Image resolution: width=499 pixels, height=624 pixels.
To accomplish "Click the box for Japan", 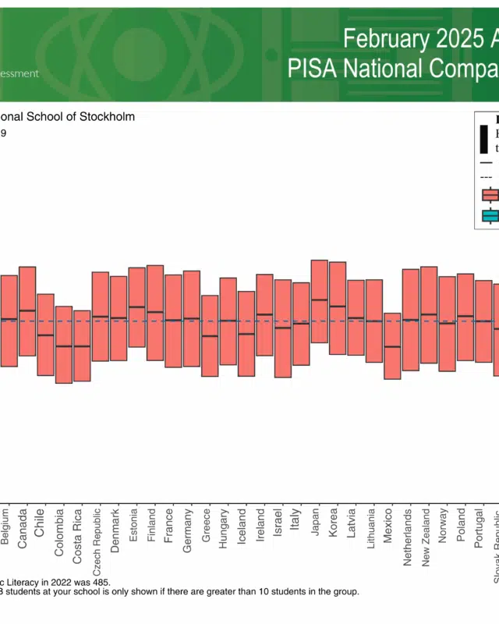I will (x=319, y=301).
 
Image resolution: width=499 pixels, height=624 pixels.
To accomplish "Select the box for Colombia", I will (x=63, y=344).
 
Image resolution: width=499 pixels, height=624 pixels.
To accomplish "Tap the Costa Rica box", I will (x=82, y=346).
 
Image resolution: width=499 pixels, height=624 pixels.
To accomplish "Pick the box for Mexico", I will (x=392, y=346).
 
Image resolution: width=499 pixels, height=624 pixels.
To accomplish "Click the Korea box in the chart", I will (x=338, y=308).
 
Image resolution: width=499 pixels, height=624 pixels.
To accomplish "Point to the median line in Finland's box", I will (x=155, y=312).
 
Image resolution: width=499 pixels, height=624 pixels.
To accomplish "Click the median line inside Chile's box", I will (x=45, y=335).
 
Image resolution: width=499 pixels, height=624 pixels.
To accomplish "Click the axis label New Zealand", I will (x=426, y=538).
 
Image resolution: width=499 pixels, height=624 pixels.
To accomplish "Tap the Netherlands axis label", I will (x=408, y=538).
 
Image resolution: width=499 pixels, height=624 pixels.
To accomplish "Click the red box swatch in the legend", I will (x=490, y=195).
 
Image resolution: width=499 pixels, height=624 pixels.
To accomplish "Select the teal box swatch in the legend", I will (x=490, y=216).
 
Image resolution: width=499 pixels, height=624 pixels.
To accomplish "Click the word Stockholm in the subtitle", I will (x=107, y=117).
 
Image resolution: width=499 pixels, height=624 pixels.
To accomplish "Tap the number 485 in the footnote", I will (x=101, y=582).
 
